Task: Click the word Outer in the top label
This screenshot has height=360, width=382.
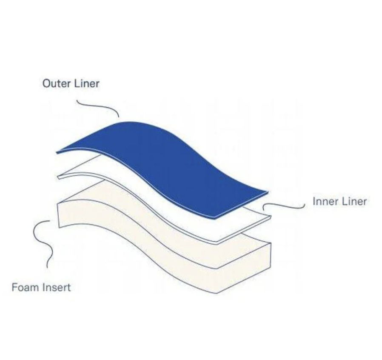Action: coord(57,83)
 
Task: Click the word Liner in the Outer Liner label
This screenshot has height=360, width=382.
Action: coord(87,83)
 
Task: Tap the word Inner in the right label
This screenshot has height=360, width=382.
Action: coord(324,202)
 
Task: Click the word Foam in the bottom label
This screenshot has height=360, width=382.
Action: coord(26,287)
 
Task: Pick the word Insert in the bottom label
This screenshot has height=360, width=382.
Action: coord(56,287)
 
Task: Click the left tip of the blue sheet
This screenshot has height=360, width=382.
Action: coord(56,152)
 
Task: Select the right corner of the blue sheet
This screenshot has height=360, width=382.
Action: coord(268,192)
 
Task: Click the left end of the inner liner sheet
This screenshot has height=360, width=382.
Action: coord(58,177)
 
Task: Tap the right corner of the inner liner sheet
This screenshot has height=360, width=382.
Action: coord(271,216)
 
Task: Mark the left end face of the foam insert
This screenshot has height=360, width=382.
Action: coord(58,215)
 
